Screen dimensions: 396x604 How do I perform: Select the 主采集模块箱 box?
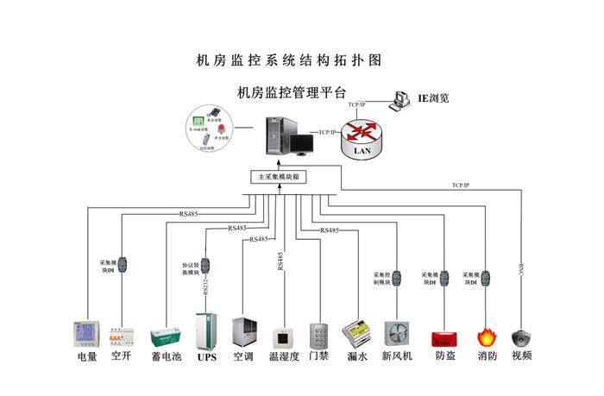click(278, 177)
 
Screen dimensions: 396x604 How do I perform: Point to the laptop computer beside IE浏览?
click(400, 101)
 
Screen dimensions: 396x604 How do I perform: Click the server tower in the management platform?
click(279, 138)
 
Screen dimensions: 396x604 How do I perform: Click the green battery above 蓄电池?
click(165, 336)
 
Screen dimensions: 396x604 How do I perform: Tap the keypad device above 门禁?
click(318, 335)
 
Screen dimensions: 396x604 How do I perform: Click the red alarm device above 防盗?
click(444, 337)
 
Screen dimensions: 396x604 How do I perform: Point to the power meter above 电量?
click(86, 334)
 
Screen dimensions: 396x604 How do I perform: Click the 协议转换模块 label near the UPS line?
click(192, 268)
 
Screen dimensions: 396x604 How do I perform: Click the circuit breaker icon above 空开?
click(122, 336)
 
